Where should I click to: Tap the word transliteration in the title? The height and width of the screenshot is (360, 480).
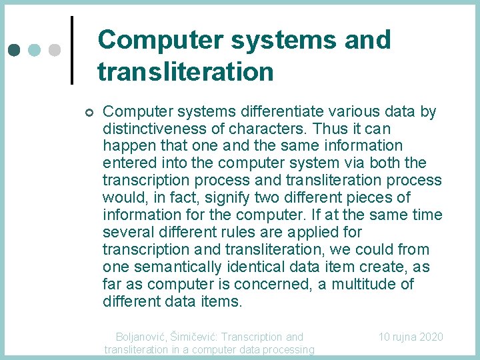point(185,71)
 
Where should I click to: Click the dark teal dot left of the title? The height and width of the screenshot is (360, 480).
point(15,50)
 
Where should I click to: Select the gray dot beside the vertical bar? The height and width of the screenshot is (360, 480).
point(56,50)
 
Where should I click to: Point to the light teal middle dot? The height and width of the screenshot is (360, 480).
point(35,50)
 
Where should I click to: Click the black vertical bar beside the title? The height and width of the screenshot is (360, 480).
point(72,50)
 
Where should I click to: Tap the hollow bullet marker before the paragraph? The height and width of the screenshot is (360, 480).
point(90,112)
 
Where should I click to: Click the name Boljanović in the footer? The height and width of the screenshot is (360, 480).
point(141,337)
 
